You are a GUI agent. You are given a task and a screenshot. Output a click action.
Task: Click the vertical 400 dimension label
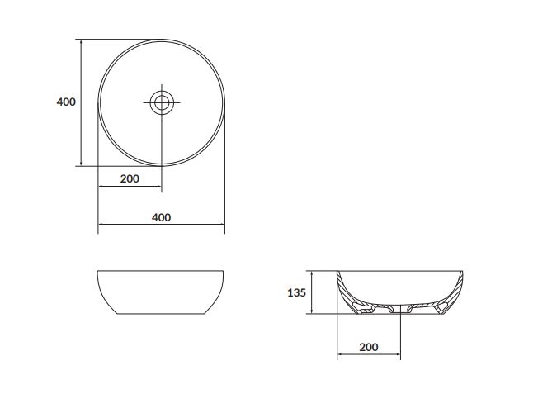click(x=66, y=102)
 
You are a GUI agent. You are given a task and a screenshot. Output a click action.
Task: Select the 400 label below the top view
click(x=161, y=217)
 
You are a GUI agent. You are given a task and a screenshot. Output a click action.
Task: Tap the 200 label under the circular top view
click(x=130, y=178)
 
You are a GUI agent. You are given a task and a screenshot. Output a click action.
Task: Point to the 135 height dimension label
click(x=296, y=292)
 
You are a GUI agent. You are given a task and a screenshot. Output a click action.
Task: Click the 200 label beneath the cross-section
click(x=369, y=347)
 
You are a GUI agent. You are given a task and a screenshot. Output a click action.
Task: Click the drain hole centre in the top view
click(x=162, y=102)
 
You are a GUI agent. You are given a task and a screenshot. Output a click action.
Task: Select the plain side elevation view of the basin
click(x=161, y=292)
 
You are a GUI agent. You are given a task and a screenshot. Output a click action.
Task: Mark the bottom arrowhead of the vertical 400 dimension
click(x=81, y=164)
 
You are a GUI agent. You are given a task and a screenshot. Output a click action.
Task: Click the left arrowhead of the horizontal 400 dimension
click(x=101, y=225)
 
